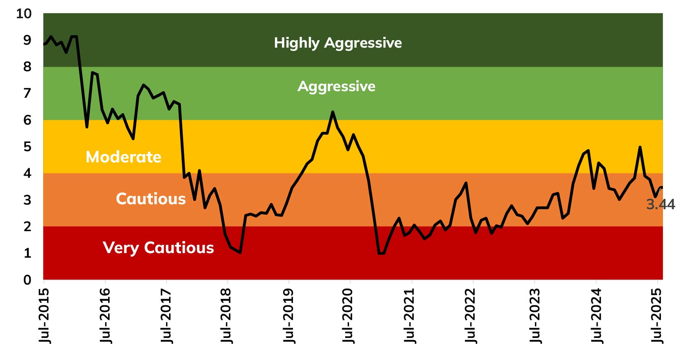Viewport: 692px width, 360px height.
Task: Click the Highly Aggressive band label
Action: coord(338,43)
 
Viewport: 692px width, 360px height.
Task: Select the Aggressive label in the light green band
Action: coord(336,86)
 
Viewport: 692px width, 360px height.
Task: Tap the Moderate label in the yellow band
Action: coord(123,157)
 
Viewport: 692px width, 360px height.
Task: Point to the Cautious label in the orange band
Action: coord(151,199)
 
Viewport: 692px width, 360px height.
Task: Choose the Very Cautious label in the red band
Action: coord(158,248)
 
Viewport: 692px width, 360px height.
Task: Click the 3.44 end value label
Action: coord(661,204)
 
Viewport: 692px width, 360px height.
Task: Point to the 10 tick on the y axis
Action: coord(24,14)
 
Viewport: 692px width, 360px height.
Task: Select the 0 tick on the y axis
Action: coord(27,280)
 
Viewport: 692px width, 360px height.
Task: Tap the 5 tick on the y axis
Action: coord(27,147)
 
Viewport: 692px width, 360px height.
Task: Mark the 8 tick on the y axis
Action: coord(27,67)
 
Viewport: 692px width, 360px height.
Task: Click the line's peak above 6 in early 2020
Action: coord(333,111)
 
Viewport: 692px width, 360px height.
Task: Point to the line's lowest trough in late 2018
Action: coord(240,252)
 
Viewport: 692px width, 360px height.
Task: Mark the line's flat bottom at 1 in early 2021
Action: coord(381,253)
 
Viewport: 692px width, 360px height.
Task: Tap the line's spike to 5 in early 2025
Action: coord(640,147)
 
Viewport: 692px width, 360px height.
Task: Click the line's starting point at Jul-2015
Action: coord(44,44)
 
